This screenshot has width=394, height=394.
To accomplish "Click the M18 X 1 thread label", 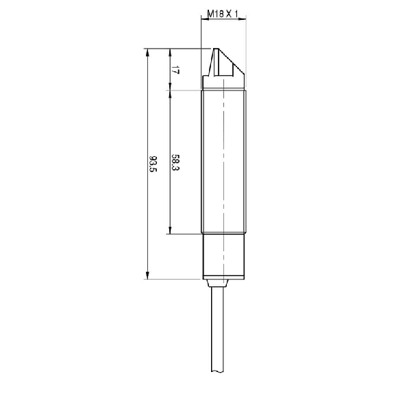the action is point(223,14).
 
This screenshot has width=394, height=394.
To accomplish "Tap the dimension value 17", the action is point(175,70).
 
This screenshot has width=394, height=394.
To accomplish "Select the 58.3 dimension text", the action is point(175,162).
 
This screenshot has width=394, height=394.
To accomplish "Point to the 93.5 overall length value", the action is point(153,164).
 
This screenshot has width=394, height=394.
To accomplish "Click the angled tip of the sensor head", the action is point(216,49).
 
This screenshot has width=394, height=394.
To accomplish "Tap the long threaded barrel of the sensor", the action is point(223,162).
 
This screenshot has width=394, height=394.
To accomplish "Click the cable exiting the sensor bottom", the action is point(217,330).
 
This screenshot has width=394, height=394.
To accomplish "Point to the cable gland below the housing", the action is point(218,283).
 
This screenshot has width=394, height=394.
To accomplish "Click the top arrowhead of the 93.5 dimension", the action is point(147,52).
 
